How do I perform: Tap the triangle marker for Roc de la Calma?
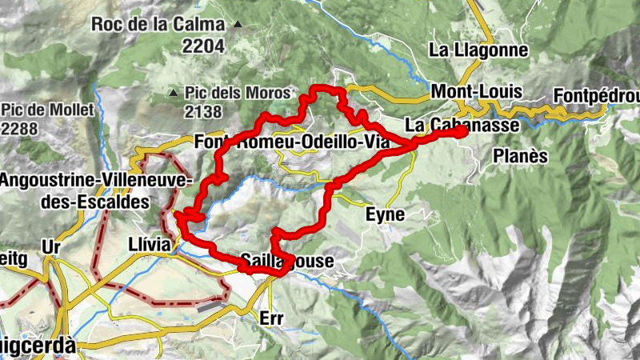pyautogui.click(x=238, y=24)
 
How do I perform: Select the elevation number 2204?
pyautogui.click(x=202, y=46)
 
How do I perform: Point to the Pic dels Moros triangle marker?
pyautogui.click(x=174, y=93)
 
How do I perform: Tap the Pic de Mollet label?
pyautogui.click(x=47, y=110)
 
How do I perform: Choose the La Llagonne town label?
pyautogui.click(x=478, y=50)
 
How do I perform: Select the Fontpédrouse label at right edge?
pyautogui.click(x=595, y=96)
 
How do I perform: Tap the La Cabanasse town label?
pyautogui.click(x=462, y=125)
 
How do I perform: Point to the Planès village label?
pyautogui.click(x=520, y=155)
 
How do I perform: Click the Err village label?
pyautogui.click(x=272, y=318)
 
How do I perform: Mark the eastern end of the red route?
pyautogui.click(x=463, y=133)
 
